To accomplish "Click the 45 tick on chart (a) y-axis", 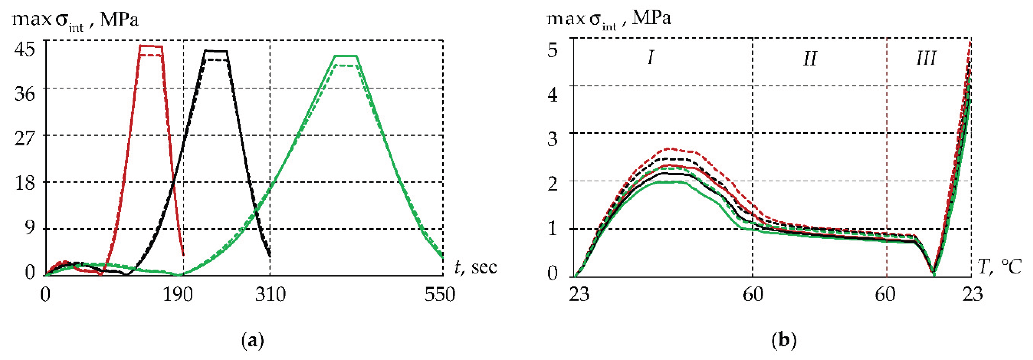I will [x=24, y=49].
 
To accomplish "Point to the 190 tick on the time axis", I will [x=177, y=295].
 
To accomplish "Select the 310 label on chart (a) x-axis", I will [x=270, y=295].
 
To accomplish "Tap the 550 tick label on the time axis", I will [x=440, y=295].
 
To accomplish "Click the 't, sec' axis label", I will [x=476, y=267].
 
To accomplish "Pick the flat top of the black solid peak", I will [x=216, y=51].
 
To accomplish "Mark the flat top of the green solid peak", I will [x=345, y=56].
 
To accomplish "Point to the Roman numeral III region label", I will [x=926, y=58].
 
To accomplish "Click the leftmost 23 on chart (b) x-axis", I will [x=579, y=295].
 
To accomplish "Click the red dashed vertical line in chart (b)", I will [x=887, y=160].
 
